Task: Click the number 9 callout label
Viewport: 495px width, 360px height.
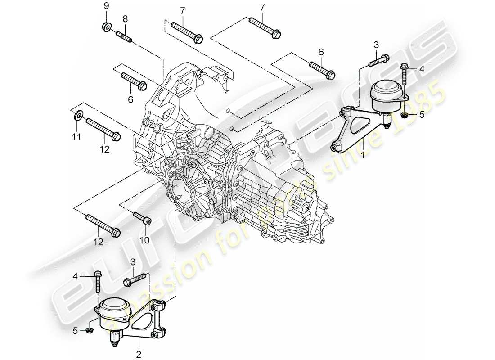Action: click(107, 6)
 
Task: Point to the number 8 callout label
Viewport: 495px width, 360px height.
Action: click(125, 19)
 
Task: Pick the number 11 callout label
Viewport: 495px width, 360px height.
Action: click(77, 136)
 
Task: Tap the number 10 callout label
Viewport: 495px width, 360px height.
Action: click(144, 240)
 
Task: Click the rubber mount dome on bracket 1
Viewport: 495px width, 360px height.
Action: click(386, 93)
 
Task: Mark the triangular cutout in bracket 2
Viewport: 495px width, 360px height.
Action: click(142, 324)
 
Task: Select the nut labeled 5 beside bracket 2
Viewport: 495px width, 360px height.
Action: click(88, 332)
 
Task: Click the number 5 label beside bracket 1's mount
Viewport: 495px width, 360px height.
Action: click(422, 114)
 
